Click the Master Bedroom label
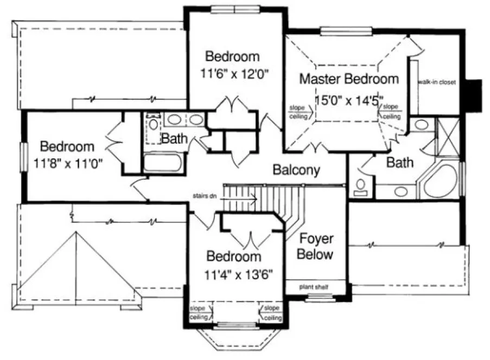(x=349, y=79)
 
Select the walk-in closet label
(x=436, y=82)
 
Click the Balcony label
(x=296, y=170)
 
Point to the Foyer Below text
(x=316, y=247)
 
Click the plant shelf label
(x=315, y=287)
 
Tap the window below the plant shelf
(x=315, y=297)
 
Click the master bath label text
(x=400, y=162)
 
